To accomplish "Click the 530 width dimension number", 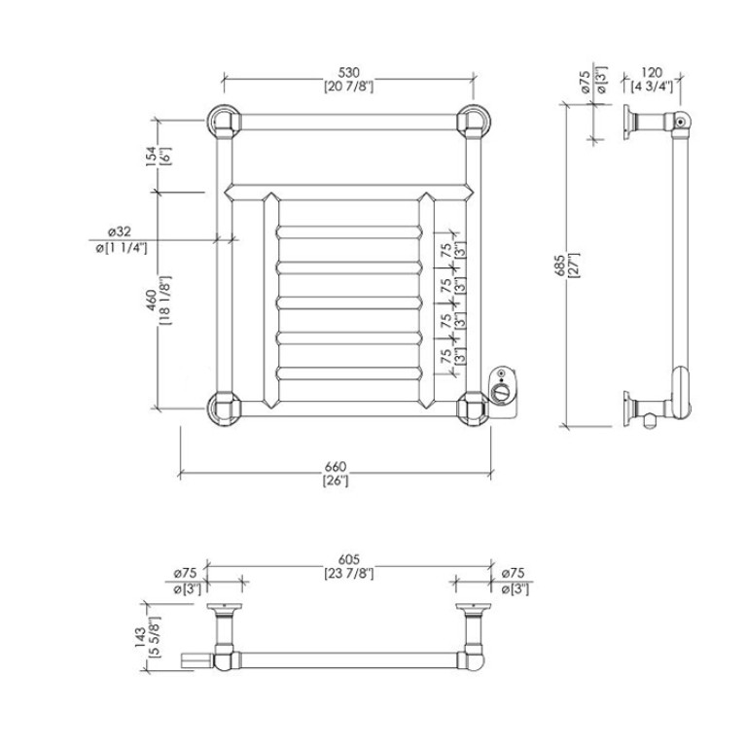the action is (x=348, y=73).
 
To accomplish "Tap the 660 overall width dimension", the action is (x=336, y=467).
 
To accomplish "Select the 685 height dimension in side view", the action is (x=560, y=265).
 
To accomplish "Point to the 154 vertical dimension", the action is (x=151, y=156).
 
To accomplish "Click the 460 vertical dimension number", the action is (x=152, y=301).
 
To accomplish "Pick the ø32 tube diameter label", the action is (x=119, y=231).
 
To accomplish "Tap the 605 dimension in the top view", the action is (x=348, y=560).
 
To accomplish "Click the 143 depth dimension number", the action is (x=140, y=637).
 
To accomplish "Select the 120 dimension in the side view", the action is (x=652, y=72).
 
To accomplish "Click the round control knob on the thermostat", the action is (x=501, y=394).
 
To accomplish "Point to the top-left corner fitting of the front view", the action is (x=225, y=122).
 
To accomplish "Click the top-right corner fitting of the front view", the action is (x=473, y=122).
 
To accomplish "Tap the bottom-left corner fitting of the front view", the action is (x=225, y=409).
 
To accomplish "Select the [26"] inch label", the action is (x=336, y=480).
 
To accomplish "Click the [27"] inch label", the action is (x=573, y=266).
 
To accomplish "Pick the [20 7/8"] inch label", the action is (x=349, y=87).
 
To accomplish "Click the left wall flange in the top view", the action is (x=224, y=607).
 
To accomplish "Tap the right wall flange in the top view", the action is (x=473, y=607).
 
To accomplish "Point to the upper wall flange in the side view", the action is (x=627, y=122).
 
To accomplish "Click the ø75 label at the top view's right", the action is (x=513, y=573).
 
